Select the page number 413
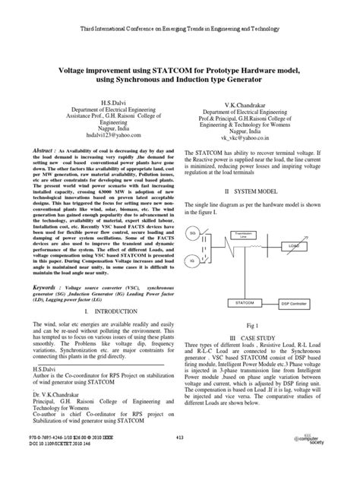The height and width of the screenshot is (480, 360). coord(180,458)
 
